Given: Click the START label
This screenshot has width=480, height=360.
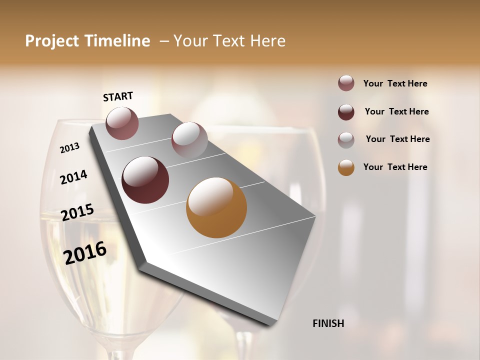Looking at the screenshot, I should [x=118, y=96].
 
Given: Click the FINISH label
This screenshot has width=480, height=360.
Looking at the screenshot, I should [x=328, y=323].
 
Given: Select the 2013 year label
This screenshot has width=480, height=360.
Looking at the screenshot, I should [x=69, y=148].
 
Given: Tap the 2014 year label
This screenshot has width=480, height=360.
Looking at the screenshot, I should [x=73, y=177].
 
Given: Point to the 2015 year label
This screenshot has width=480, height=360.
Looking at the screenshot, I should [x=77, y=212].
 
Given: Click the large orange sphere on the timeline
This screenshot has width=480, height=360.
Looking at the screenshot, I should [x=216, y=207].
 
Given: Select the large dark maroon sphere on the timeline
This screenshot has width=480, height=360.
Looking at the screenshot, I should [x=145, y=180].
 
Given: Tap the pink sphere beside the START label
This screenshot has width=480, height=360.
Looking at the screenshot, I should [x=122, y=123].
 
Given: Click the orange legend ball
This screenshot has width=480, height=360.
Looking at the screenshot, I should [x=346, y=167].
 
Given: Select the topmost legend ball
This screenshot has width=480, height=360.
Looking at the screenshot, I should [x=346, y=83].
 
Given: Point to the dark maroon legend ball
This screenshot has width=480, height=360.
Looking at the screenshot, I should [x=346, y=112].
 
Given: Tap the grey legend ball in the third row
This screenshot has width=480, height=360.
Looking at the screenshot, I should [x=346, y=139].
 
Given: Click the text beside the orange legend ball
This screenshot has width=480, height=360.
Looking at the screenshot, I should [x=395, y=167].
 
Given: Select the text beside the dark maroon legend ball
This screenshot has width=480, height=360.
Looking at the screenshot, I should [x=396, y=111].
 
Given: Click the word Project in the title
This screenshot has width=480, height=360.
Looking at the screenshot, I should [x=51, y=41].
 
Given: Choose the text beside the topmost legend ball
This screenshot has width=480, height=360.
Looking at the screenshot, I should [x=395, y=83].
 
